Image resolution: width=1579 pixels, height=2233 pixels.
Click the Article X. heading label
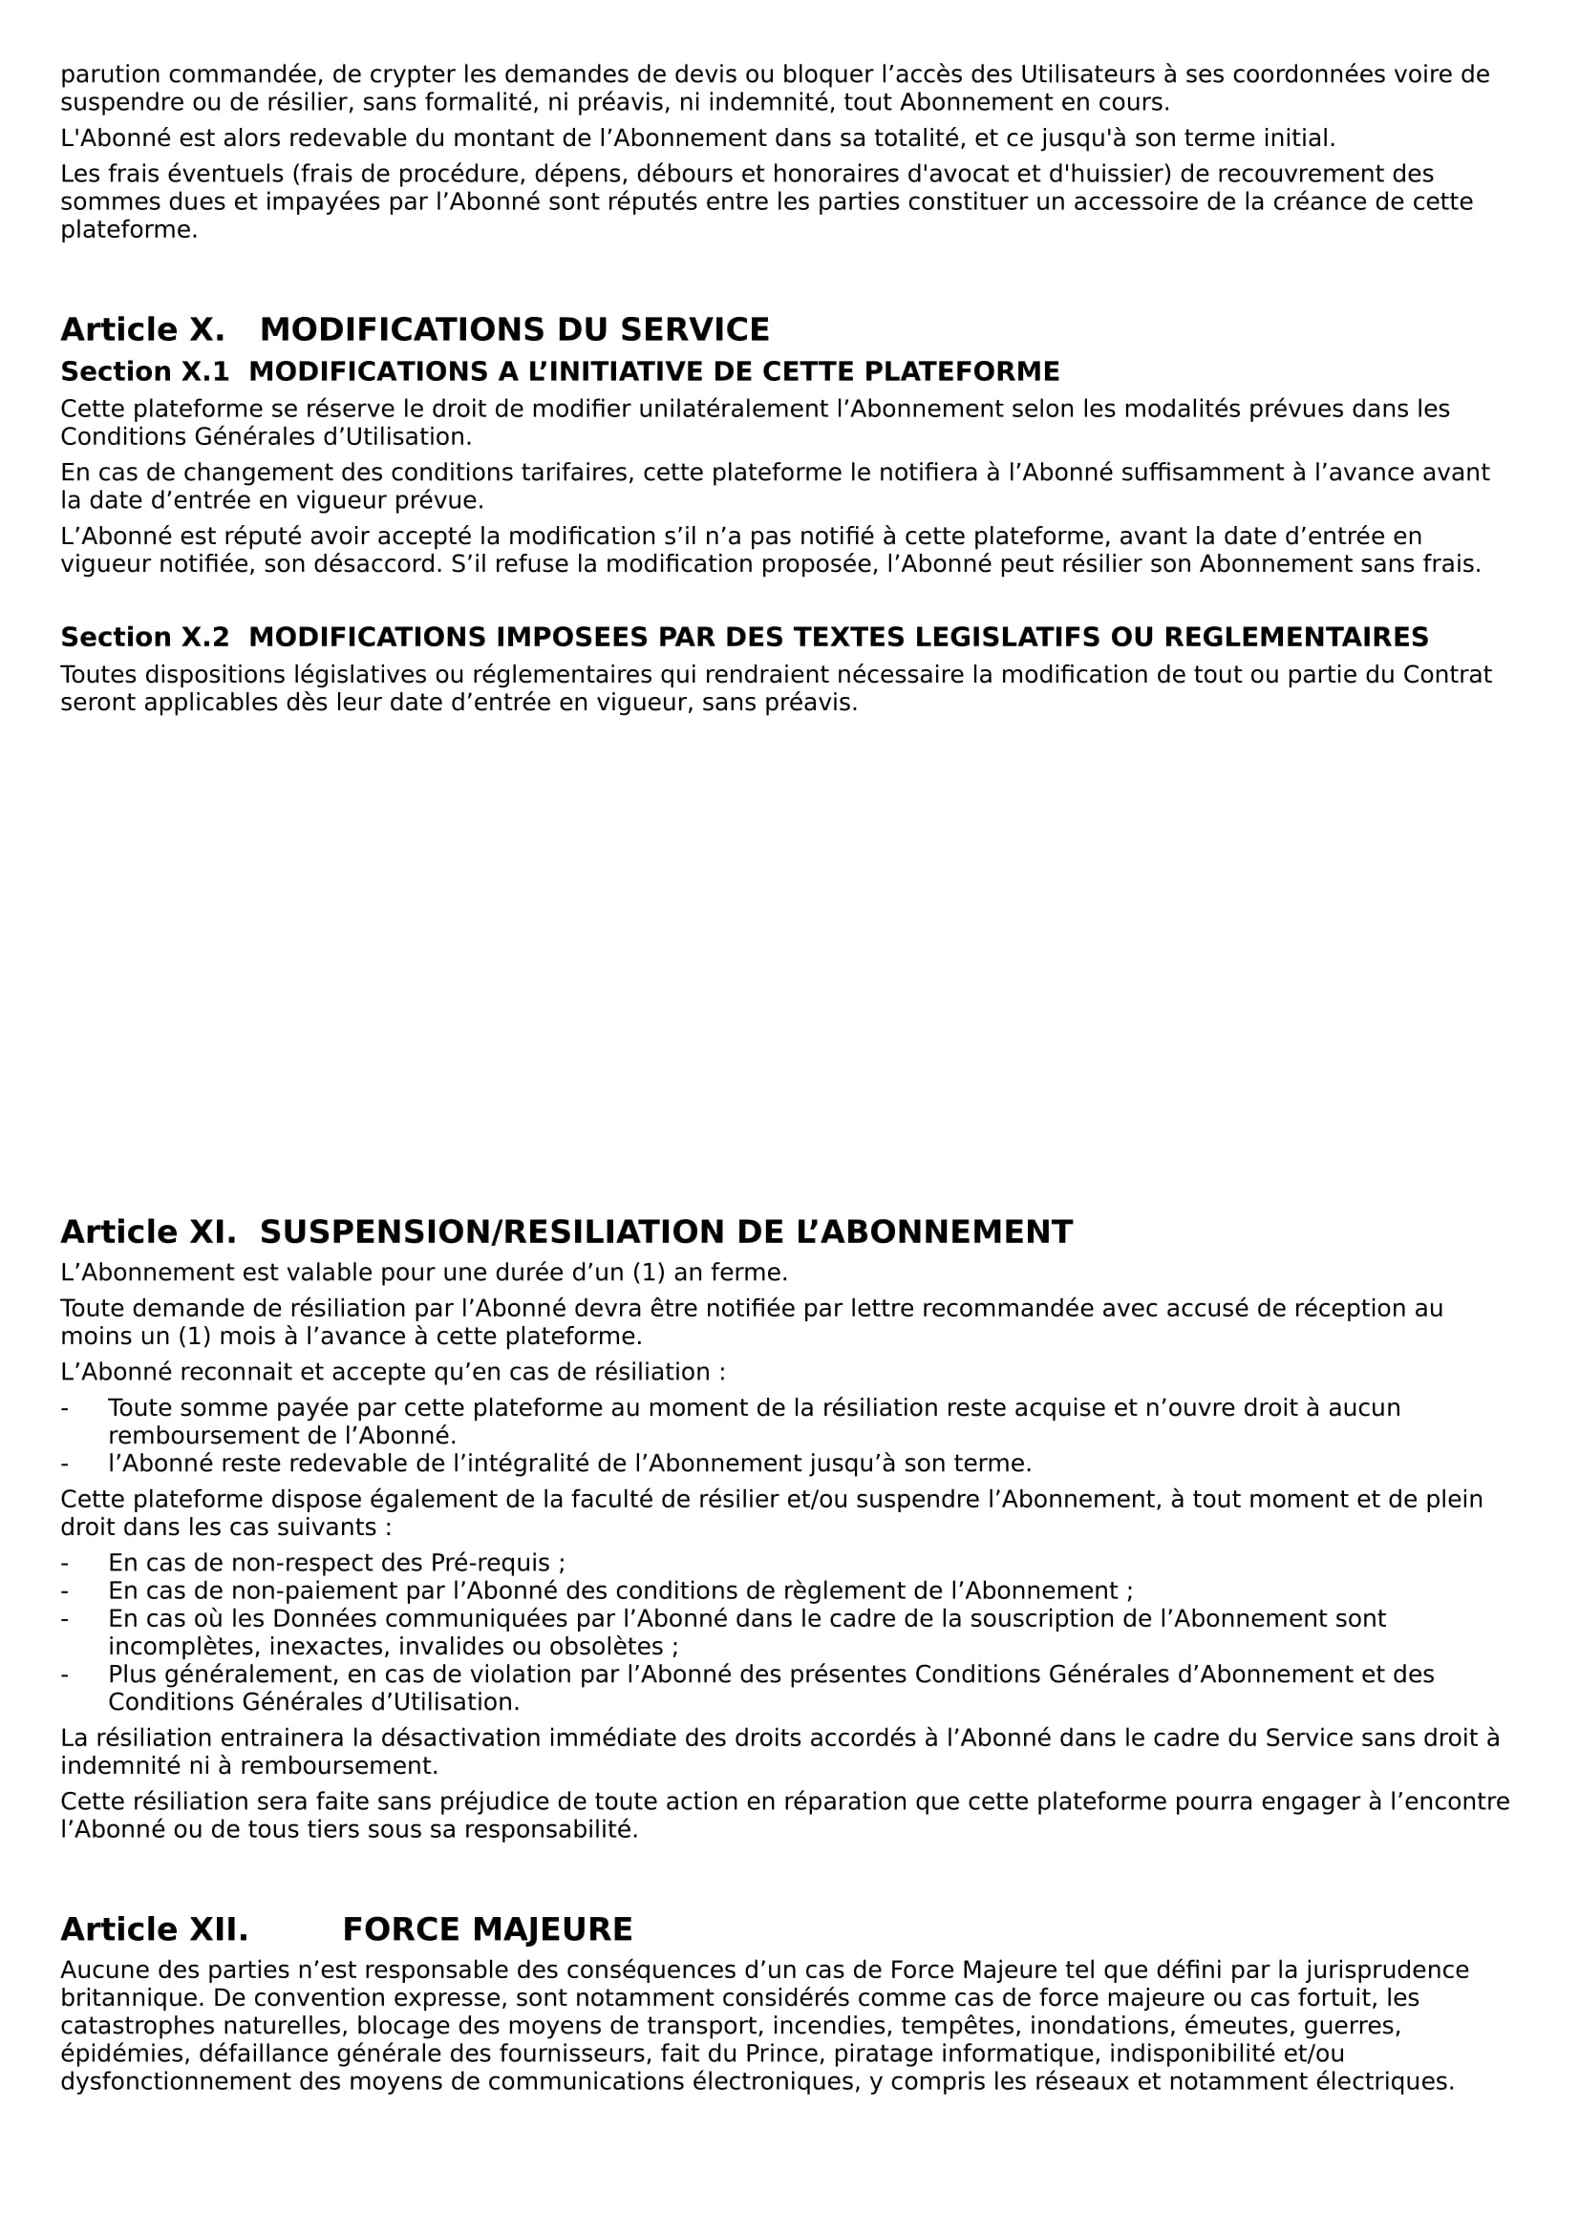coord(142,329)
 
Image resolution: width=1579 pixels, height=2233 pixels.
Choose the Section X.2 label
coord(145,637)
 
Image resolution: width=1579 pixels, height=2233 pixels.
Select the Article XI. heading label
coord(148,1232)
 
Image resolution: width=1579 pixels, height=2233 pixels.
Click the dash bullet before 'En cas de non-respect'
coord(65,1563)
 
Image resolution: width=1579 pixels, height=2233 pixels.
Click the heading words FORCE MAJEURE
coord(487,1929)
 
